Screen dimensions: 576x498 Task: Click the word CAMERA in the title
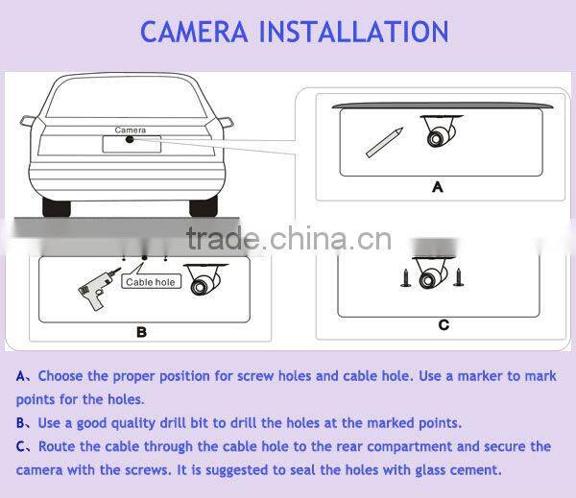pyautogui.click(x=194, y=32)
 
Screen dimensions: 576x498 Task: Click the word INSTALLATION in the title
pyautogui.click(x=353, y=32)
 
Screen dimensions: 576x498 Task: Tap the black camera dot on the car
pyautogui.click(x=130, y=139)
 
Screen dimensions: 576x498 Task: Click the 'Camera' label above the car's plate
pyautogui.click(x=130, y=130)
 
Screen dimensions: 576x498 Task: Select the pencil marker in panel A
pyautogui.click(x=384, y=143)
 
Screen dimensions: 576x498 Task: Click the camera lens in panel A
pyautogui.click(x=436, y=139)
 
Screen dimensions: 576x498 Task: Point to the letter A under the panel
pyautogui.click(x=437, y=187)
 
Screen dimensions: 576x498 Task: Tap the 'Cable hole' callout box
pyautogui.click(x=151, y=282)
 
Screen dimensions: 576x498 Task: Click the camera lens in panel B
pyautogui.click(x=199, y=287)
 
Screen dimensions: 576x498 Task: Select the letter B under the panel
pyautogui.click(x=141, y=332)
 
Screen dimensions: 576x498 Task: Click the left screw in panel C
pyautogui.click(x=406, y=277)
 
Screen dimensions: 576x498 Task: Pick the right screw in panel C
pyautogui.click(x=459, y=277)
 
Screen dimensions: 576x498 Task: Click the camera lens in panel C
pyautogui.click(x=427, y=281)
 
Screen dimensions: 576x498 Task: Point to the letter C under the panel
pyautogui.click(x=444, y=325)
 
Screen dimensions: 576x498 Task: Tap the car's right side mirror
pyautogui.click(x=226, y=122)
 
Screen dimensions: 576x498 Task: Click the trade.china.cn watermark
pyautogui.click(x=289, y=239)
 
